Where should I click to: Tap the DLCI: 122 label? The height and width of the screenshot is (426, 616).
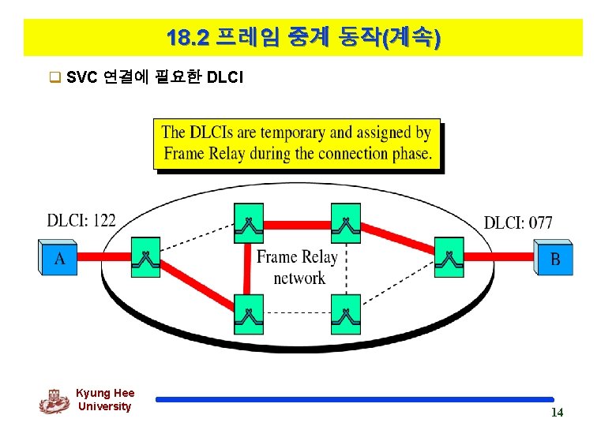pos(81,220)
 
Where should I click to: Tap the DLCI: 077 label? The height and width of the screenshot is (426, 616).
pos(518,222)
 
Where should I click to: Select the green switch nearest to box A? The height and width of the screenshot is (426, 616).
pos(145,256)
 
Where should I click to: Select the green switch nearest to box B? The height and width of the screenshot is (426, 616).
pos(449,256)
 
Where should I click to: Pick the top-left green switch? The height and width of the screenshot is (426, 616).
pos(249,223)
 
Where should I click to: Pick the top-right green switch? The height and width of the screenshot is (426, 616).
pos(345,223)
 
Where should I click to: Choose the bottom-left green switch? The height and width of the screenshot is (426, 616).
pos(249,314)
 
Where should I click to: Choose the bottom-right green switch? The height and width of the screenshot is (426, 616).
pos(345,314)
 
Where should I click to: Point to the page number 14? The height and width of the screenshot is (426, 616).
pos(557,413)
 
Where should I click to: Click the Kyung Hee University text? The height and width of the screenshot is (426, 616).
pos(105,400)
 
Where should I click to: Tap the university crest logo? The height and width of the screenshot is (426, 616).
pos(54,401)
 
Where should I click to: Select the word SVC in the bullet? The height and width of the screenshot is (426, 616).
pos(82,77)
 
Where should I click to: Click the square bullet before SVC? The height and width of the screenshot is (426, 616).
pos(54,77)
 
